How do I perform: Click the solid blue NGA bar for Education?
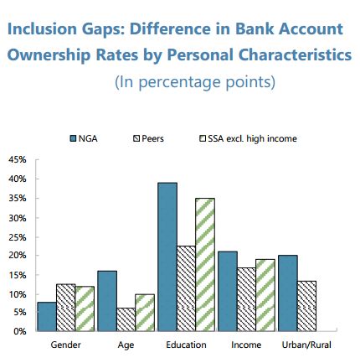167,257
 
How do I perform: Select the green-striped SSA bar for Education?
205,265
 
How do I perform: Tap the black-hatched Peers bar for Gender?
66,308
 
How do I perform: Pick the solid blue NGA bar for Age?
107,301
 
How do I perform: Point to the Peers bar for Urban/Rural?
306,306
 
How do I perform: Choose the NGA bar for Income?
228,292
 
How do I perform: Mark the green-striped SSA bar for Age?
145,313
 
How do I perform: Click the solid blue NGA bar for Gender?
47,317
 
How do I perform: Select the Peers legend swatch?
136,138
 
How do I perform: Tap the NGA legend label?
88,138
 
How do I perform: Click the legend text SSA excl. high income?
252,138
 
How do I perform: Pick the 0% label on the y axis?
20,331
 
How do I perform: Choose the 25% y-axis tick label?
18,237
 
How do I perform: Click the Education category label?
186,345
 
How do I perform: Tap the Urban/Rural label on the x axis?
306,345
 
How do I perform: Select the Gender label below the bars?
65,345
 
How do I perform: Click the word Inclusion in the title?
42,29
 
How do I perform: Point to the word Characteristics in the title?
295,54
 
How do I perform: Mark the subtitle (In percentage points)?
195,82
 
